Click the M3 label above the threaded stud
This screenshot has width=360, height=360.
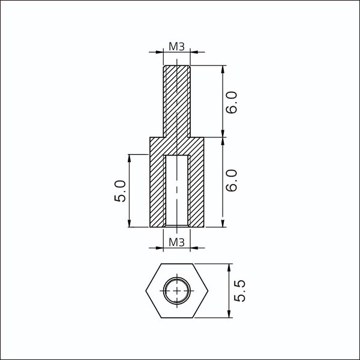point(176,47)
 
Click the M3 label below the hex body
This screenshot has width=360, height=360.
point(176,242)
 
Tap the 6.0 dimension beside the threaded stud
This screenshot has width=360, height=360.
point(231,102)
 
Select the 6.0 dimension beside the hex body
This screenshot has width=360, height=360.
point(231,181)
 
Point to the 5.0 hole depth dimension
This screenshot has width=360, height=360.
point(120,191)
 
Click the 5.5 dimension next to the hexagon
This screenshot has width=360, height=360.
point(239,290)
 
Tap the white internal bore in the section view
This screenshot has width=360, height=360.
point(176,190)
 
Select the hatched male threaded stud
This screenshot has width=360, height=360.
point(176,101)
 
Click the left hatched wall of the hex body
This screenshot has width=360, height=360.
point(157,191)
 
